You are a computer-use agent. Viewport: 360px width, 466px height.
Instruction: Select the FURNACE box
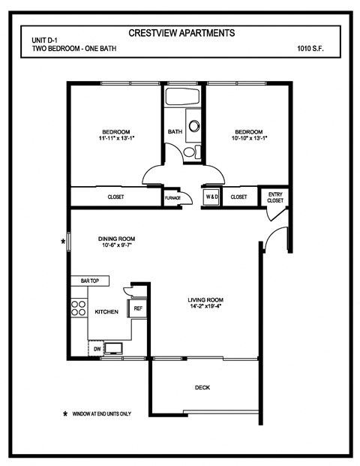point(172,197)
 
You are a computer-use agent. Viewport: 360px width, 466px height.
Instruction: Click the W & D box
point(211,197)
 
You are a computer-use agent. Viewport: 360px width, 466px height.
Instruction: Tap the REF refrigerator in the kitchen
point(138,308)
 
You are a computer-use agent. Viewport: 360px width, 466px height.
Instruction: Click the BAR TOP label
point(90,281)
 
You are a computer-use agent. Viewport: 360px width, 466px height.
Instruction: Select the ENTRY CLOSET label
point(275,197)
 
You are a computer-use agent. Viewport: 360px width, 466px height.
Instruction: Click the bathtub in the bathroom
point(181,98)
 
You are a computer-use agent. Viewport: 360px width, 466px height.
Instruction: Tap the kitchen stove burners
point(78,308)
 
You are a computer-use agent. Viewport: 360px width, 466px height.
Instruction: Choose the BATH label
point(175,132)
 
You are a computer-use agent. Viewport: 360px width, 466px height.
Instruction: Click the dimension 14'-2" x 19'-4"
point(205,305)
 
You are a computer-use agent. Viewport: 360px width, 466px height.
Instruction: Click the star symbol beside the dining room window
point(64,242)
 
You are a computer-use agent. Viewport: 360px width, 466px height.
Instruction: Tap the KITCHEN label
point(106,311)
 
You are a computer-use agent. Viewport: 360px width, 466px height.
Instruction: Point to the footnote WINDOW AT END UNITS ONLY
point(103,413)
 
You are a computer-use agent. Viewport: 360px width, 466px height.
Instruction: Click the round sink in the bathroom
point(194,127)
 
